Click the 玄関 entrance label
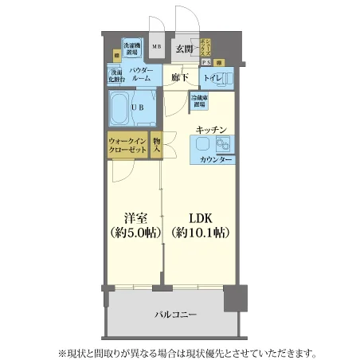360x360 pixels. [184, 49]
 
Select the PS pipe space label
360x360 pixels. [205, 62]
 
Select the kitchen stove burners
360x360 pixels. [221, 144]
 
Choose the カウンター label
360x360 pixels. [216, 160]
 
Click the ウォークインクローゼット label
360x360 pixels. [127, 146]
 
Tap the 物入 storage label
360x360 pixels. [157, 144]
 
